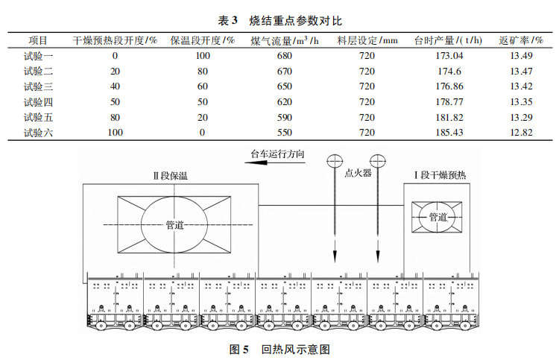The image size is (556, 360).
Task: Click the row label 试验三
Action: [x=38, y=86]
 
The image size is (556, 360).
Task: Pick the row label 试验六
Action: [x=38, y=133]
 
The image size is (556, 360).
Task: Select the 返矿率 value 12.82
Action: [x=522, y=133]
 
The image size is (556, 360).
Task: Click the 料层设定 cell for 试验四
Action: [x=367, y=102]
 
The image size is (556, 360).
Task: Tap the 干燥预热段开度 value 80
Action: [x=115, y=117]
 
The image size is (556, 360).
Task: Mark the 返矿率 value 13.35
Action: [x=522, y=102]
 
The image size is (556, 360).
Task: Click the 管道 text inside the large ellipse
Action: [x=176, y=224]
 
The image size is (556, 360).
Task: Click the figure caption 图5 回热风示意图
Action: [x=279, y=348]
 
